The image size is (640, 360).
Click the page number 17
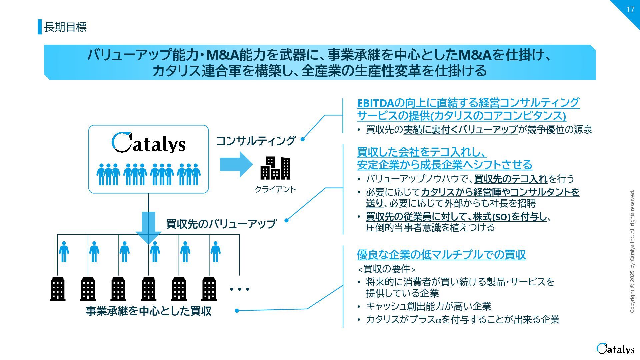[630, 10]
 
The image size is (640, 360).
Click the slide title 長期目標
[65, 27]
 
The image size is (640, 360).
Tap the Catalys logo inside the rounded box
[148, 143]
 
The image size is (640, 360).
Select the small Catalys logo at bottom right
[615, 349]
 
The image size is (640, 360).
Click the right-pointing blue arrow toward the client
[236, 164]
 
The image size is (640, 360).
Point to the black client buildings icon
[275, 168]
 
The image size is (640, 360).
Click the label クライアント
[275, 189]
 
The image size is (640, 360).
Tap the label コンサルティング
[256, 141]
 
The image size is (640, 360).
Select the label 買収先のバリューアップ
[221, 224]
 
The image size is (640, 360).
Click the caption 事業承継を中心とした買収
[149, 311]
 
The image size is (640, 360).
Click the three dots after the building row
[240, 289]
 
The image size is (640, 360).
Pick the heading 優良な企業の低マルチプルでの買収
[441, 255]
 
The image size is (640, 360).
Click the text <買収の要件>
[386, 269]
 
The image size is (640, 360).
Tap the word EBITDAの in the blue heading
[380, 103]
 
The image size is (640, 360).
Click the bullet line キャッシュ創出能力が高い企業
[428, 306]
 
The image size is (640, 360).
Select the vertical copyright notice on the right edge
[632, 251]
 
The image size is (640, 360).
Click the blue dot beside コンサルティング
[303, 139]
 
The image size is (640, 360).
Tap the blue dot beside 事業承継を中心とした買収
[237, 311]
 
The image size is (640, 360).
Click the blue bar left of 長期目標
[40, 27]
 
